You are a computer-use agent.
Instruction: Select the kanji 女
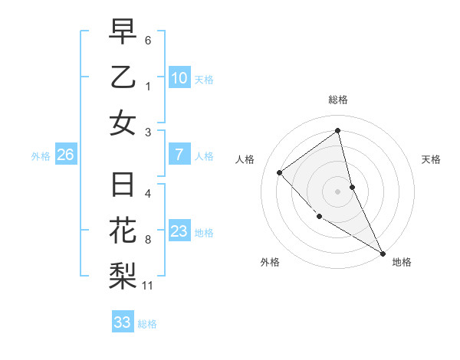(123, 123)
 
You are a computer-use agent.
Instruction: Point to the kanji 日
(123, 185)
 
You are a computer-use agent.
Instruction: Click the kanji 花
(123, 231)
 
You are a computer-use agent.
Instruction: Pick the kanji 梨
(123, 276)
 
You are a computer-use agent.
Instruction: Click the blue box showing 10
(179, 78)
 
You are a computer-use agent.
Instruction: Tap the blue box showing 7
(179, 155)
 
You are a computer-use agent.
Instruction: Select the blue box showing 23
(179, 231)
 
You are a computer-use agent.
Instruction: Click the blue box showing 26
(65, 155)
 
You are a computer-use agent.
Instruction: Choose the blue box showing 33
(122, 322)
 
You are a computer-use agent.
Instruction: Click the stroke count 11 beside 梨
(148, 286)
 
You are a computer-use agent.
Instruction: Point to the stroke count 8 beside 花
(148, 240)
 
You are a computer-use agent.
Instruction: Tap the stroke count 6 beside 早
(148, 40)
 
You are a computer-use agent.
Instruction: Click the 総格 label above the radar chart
(337, 100)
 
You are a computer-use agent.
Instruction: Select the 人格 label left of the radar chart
(245, 159)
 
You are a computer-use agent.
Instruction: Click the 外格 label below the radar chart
(270, 263)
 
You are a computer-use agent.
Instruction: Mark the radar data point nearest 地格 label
(383, 254)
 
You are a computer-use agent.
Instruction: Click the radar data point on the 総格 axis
(337, 130)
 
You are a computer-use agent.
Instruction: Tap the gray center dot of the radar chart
(337, 191)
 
